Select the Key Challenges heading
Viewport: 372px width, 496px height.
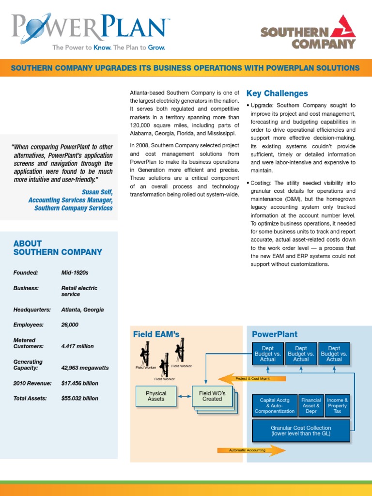[277, 93]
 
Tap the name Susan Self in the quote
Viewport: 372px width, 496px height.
[97, 192]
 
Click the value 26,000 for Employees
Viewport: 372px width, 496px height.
[70, 325]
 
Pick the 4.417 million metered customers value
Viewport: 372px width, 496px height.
[77, 346]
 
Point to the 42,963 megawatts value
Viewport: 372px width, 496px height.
[85, 368]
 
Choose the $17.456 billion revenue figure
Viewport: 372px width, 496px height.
[79, 383]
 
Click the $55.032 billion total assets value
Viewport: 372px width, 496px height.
[79, 398]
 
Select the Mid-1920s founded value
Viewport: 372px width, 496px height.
[75, 273]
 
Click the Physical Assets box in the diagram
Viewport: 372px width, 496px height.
[156, 396]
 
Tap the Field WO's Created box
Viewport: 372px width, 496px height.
[212, 396]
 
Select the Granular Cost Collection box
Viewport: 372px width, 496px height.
[301, 431]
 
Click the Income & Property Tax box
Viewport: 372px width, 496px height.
[337, 405]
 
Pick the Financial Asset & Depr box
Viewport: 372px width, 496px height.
[311, 405]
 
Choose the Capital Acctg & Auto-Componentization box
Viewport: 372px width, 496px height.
[274, 405]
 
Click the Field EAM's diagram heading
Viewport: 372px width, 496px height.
[156, 334]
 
